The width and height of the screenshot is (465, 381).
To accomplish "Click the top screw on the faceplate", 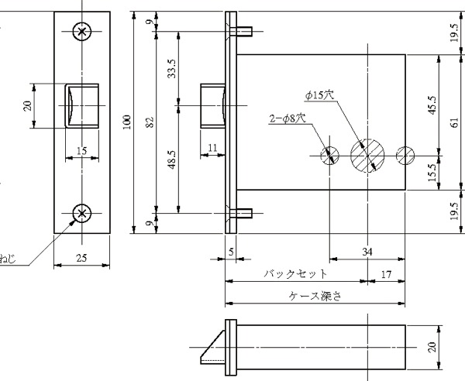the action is [82, 31].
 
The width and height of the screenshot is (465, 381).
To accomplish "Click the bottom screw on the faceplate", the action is [82, 213].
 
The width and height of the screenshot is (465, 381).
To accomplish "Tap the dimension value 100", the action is [127, 122].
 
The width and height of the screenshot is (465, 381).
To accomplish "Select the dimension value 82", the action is [150, 122].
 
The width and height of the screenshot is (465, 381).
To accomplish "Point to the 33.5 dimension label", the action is [172, 69].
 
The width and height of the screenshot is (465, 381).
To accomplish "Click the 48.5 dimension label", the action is [172, 160].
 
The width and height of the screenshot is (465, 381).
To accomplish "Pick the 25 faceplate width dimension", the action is [81, 258].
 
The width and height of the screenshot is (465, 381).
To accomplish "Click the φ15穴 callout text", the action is [319, 95].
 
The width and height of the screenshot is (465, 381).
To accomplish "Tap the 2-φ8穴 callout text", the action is [288, 118].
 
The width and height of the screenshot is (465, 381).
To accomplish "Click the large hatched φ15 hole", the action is [367, 155].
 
